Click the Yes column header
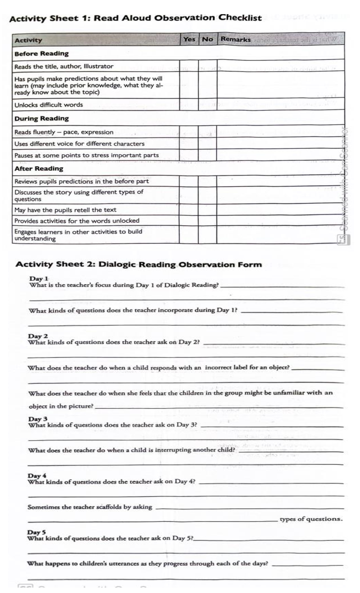tap(189, 39)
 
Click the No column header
tap(207, 39)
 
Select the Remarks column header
tap(235, 39)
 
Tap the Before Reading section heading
tap(41, 54)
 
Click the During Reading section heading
tap(41, 119)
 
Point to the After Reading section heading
tap(39, 169)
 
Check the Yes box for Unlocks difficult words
tap(189, 105)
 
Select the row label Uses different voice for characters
tap(79, 144)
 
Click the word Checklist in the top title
tap(240, 18)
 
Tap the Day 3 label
tap(37, 419)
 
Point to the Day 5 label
tap(36, 532)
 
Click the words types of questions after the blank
tap(311, 519)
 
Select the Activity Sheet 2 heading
tap(138, 264)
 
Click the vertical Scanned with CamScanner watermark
tap(343, 186)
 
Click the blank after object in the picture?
tap(218, 407)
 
